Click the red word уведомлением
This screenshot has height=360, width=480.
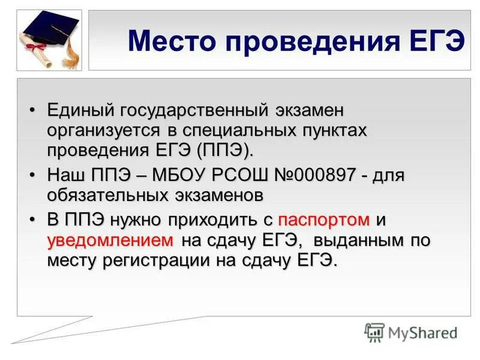tap(110, 241)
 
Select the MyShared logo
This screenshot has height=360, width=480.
tap(411, 332)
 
